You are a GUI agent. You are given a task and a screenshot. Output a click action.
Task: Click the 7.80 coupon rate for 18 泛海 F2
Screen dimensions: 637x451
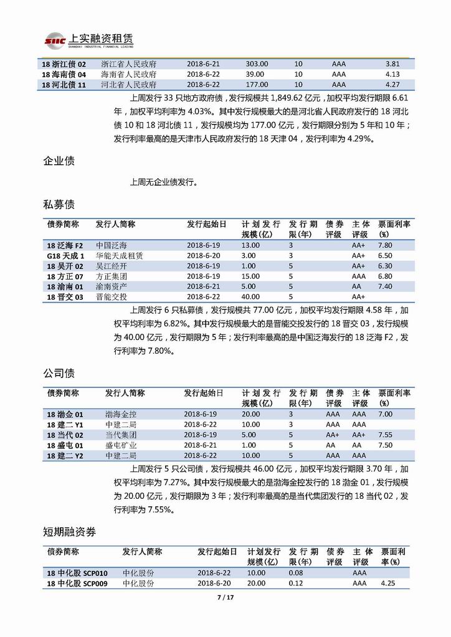pyautogui.click(x=385, y=245)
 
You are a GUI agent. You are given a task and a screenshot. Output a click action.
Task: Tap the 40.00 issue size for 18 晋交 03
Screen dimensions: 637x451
pyautogui.click(x=250, y=296)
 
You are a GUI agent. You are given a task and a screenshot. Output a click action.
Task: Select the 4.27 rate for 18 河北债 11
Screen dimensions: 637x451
pyautogui.click(x=392, y=85)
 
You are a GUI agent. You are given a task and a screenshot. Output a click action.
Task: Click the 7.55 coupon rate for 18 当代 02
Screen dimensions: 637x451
pyautogui.click(x=385, y=435)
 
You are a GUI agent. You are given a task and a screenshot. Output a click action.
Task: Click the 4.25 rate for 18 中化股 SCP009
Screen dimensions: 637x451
pyautogui.click(x=387, y=583)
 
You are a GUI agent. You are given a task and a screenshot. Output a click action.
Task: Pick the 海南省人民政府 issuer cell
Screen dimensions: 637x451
pyautogui.click(x=128, y=74)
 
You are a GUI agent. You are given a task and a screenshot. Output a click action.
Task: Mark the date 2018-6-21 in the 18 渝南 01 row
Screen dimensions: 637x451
pyautogui.click(x=203, y=286)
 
